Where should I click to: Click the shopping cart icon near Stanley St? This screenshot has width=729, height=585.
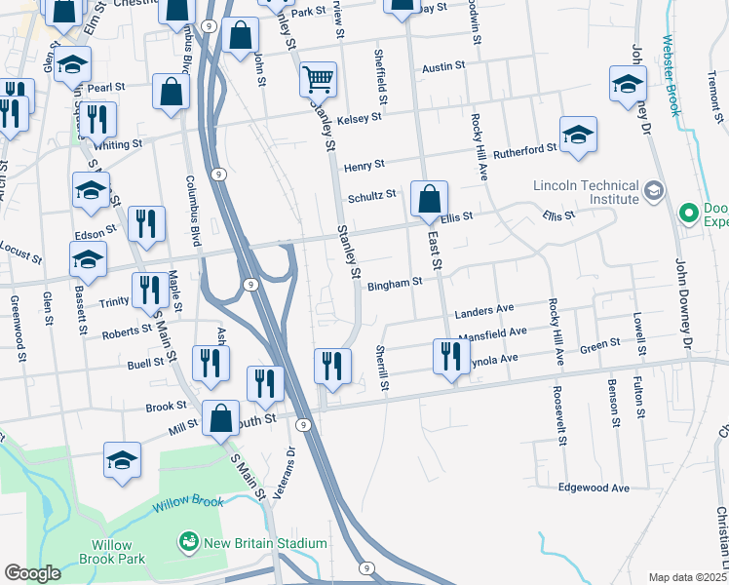coord(318,78)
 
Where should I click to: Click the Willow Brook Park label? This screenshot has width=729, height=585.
coord(119,552)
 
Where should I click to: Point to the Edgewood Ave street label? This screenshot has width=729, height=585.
coord(594,487)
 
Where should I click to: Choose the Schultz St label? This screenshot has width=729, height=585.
coord(372,194)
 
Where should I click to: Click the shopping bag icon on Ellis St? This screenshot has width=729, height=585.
coord(429,200)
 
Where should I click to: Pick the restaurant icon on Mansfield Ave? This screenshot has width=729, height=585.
coord(449,357)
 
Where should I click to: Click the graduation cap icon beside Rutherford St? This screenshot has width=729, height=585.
coord(578,135)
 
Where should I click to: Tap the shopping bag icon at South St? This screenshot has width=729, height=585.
coord(221,419)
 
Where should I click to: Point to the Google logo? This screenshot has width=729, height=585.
coord(32,573)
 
